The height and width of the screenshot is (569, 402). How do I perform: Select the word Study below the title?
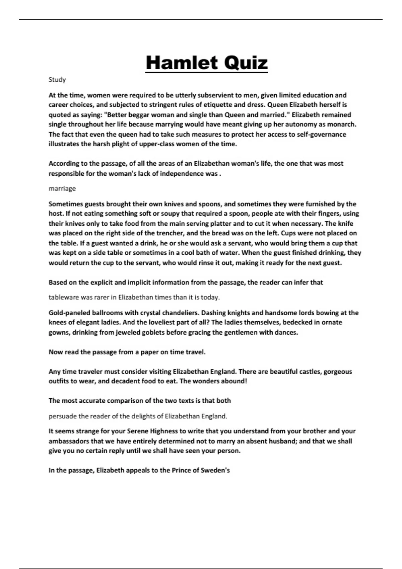pos(57,80)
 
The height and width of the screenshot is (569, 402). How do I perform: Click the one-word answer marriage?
pos(62,188)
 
